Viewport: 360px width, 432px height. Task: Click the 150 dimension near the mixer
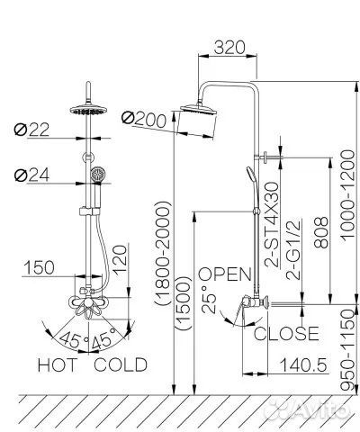pos(40,268)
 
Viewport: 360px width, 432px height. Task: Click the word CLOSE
pos(286,334)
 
